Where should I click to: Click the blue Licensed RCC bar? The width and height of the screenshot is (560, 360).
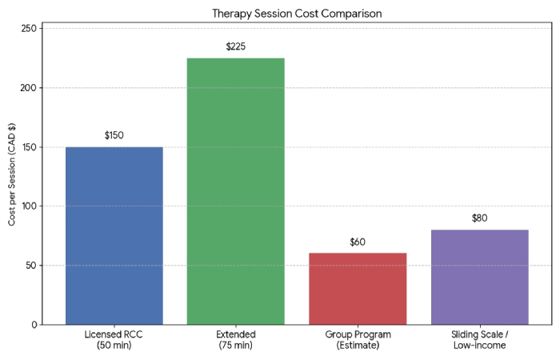point(114,236)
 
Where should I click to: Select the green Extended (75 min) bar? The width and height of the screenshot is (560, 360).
point(235,191)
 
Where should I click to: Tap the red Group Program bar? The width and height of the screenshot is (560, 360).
point(357,289)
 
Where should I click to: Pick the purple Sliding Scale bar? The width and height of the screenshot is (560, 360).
point(479,277)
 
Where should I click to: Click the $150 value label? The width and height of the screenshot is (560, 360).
point(114,135)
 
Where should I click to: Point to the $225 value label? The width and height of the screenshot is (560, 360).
point(235,46)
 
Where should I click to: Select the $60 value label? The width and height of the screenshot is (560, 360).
point(357,242)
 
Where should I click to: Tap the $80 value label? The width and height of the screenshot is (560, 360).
point(479,218)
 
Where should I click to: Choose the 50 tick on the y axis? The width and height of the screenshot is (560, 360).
point(30,266)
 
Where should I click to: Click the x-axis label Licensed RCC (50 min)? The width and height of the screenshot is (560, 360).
point(114,340)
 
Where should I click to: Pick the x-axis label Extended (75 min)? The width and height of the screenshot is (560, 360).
point(235,340)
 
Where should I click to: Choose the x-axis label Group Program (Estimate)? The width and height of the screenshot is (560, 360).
point(357,340)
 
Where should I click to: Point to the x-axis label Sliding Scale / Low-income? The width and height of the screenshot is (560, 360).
point(479,340)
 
